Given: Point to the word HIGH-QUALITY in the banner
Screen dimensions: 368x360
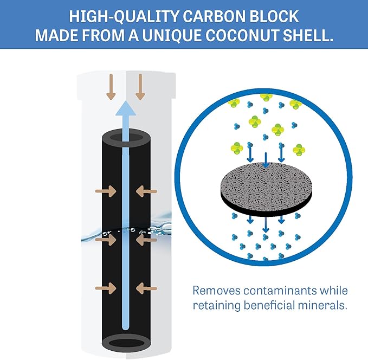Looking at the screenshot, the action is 124,16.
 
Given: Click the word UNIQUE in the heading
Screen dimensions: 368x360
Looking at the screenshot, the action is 172,36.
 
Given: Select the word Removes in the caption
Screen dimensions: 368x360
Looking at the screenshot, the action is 216,291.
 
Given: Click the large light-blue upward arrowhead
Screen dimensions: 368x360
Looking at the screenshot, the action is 126,109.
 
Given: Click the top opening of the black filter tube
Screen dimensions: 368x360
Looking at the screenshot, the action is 126,137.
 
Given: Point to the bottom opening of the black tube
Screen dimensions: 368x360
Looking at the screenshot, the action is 127,344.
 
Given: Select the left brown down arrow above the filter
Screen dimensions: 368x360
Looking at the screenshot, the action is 111,87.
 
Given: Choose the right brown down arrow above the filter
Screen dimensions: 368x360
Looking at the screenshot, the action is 140,87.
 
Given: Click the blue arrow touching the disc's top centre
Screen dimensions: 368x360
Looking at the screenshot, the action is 266,160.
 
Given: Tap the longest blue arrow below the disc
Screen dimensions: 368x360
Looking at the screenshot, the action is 266,224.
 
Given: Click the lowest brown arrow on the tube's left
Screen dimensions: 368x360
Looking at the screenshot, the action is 106,288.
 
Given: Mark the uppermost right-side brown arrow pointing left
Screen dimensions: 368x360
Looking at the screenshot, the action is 146,191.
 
